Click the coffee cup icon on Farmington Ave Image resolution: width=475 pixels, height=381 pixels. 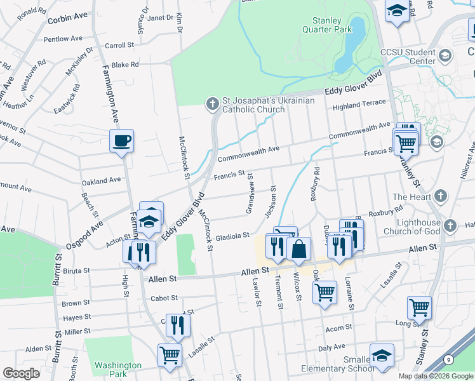121,140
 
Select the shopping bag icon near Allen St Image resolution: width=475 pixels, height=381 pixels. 298,248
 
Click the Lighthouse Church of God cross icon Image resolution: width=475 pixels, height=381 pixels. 449,226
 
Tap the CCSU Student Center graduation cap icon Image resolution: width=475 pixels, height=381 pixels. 445,56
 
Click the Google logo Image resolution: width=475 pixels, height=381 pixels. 21,373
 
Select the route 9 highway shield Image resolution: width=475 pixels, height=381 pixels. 450,360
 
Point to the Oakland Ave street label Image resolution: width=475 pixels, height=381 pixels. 101,180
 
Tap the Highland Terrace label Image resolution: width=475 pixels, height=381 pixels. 363,103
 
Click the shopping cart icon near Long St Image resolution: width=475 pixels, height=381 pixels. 419,307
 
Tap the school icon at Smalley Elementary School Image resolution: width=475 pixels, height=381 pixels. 382,356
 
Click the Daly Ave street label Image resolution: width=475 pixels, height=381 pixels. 331,347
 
